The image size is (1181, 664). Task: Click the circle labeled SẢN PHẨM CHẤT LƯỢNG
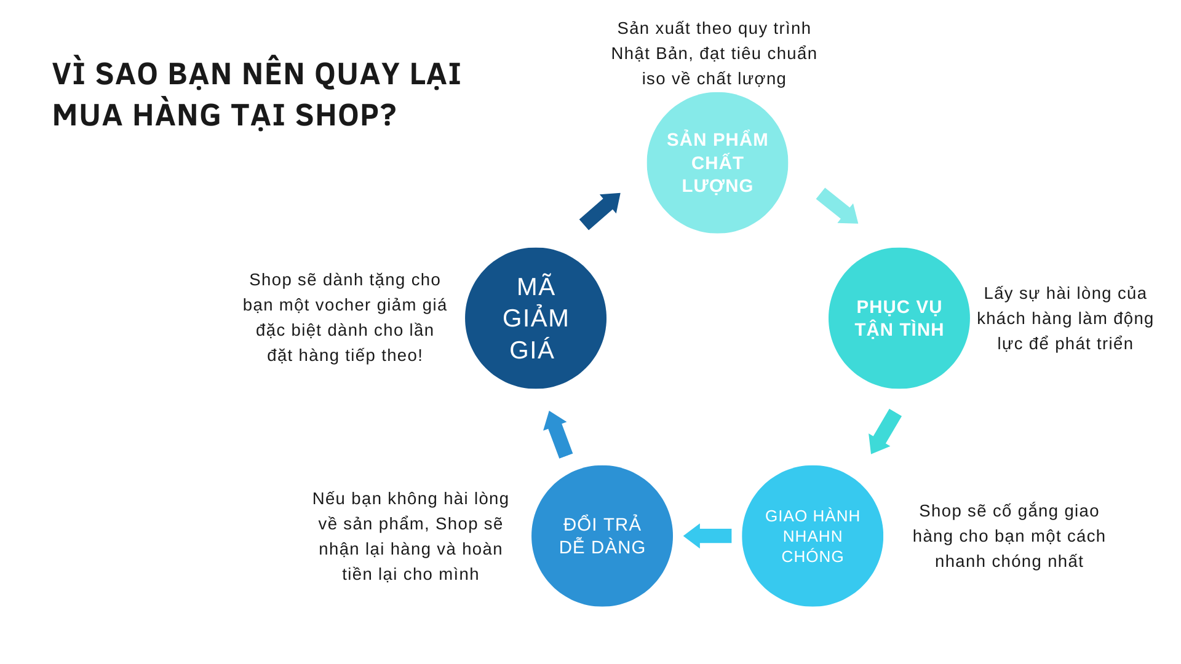717,163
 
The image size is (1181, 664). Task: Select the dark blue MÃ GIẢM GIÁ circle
535,318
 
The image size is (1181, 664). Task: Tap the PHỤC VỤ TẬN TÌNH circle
899,318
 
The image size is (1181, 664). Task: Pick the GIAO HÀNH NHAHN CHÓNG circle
812,536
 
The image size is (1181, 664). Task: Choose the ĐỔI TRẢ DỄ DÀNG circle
602,536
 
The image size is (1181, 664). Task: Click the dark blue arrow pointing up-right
600,211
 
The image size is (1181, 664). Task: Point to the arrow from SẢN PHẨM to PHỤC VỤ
837,206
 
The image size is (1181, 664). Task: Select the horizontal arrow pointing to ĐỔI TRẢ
708,536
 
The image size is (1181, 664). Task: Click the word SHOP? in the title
346,116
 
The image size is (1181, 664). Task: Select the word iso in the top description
653,79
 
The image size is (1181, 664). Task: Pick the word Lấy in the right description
998,293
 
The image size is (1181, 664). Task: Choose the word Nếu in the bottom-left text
328,499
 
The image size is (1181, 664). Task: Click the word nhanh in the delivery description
956,561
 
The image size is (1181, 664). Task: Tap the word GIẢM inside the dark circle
535,318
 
